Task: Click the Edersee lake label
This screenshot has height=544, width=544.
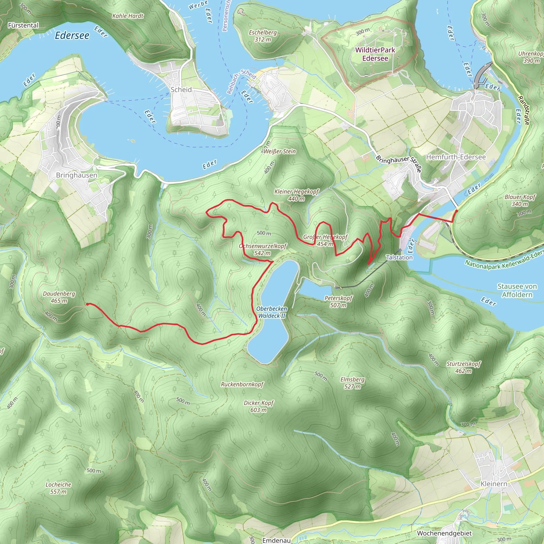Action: pos(72,36)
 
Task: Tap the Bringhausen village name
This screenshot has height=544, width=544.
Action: pos(76,175)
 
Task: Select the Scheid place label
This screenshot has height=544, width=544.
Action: pos(181,90)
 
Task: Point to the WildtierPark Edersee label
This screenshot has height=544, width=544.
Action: pos(375,54)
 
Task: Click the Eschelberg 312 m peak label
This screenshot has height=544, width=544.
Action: pos(263,36)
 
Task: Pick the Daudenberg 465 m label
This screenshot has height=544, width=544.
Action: pos(59,297)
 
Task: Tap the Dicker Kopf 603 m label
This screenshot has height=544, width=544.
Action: pos(258,406)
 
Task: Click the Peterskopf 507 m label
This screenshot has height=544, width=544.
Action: pos(338,301)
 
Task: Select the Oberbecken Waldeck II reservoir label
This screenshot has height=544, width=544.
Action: pos(271,312)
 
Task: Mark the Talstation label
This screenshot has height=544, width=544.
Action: pos(399,257)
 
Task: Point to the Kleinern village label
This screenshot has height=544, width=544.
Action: pos(494,484)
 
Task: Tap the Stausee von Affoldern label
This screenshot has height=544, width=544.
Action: pos(517,290)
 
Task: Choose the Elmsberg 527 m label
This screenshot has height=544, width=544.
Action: pos(352,383)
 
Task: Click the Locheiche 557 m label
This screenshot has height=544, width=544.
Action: pos(58,488)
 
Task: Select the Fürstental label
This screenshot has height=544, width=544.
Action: pos(23,25)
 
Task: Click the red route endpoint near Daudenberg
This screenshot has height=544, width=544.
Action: pos(88,304)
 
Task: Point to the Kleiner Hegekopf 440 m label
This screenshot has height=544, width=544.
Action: pos(296,195)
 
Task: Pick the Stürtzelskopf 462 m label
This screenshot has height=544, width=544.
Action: pos(464,367)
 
